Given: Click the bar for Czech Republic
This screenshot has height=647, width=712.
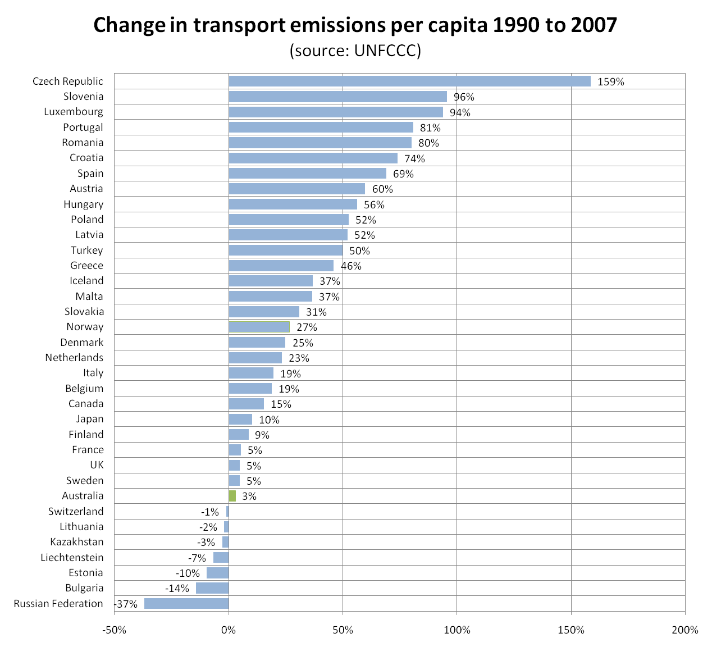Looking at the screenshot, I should [409, 81].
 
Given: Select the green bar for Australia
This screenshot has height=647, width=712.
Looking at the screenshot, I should [232, 496].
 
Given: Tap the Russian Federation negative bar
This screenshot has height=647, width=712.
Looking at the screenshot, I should [186, 604].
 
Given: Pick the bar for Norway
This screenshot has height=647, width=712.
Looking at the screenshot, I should [259, 327].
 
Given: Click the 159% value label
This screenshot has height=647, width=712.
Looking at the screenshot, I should [610, 82].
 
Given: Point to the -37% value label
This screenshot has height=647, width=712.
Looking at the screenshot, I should [126, 604].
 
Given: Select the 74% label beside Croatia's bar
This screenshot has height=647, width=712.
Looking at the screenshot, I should [414, 159].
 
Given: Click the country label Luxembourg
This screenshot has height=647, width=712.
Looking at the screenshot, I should [74, 112].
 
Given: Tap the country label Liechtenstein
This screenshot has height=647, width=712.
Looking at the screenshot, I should [72, 558].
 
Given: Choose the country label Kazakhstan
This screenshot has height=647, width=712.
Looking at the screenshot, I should [77, 542].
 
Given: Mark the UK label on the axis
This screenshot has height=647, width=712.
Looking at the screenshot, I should [97, 465].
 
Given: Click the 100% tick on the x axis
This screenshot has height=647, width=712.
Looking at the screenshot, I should [457, 630].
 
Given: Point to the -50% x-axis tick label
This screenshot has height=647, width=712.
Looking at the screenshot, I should [114, 630].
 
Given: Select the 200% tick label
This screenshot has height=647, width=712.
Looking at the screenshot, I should [685, 630].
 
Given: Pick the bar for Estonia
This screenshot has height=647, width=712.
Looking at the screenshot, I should [217, 573].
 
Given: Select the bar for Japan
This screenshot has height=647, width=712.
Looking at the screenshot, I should [240, 420].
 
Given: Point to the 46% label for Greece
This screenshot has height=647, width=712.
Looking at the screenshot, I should [351, 266].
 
